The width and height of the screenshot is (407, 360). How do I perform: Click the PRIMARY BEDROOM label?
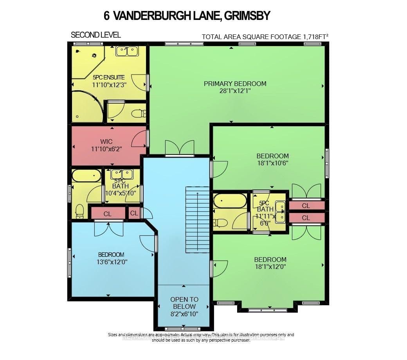tap(235, 83)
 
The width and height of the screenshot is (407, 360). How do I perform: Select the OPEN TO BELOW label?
tap(184, 303)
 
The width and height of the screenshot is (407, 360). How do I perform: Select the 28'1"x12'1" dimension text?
tap(235, 91)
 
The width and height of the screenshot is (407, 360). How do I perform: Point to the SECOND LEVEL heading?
tap(95, 35)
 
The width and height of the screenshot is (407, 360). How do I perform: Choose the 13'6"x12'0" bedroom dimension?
tap(100, 262)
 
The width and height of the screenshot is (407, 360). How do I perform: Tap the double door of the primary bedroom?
tap(180, 149)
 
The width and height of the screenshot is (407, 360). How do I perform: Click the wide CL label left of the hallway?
tap(107, 213)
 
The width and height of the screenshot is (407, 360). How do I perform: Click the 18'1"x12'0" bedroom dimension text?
tap(270, 267)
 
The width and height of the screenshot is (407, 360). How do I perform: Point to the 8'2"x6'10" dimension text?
tap(184, 314)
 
